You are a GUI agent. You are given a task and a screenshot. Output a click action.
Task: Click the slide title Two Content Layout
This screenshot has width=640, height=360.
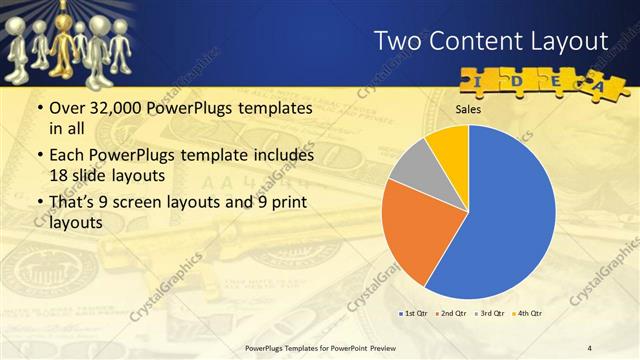pyautogui.click(x=490, y=40)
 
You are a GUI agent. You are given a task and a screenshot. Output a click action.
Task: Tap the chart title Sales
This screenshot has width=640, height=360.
pyautogui.click(x=469, y=109)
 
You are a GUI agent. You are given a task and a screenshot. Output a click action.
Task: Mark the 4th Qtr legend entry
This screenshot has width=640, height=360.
pyautogui.click(x=528, y=314)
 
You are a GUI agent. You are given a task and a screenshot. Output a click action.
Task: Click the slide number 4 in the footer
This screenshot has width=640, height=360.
pyautogui.click(x=591, y=348)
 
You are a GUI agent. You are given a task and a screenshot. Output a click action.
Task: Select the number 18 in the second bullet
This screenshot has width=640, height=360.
pyautogui.click(x=59, y=174)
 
